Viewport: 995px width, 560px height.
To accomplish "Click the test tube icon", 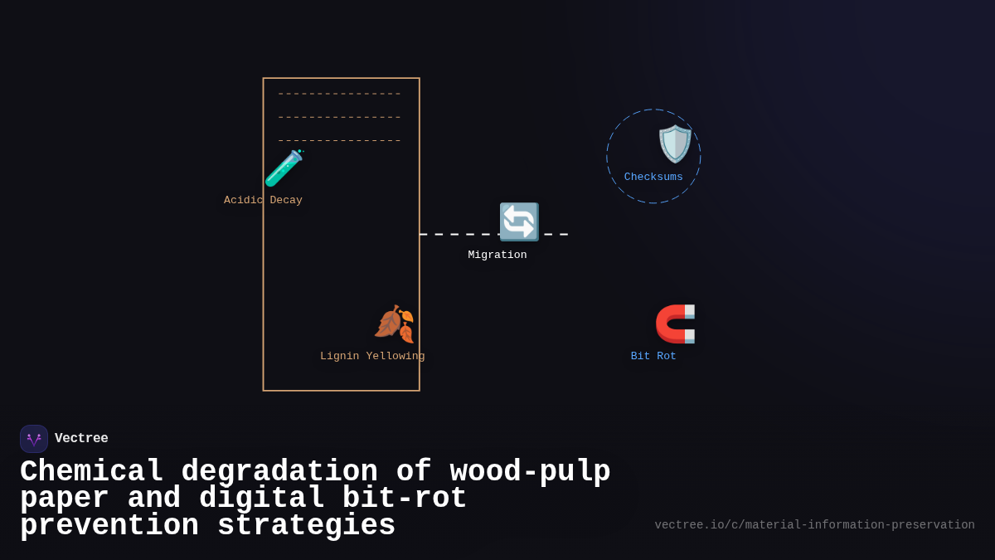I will [x=284, y=168].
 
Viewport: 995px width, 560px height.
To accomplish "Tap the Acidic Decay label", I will [x=263, y=200].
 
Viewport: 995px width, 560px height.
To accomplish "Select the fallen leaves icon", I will [x=394, y=324].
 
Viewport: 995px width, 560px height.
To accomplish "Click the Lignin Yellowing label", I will [x=372, y=356].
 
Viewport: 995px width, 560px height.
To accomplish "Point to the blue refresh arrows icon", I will [x=519, y=222].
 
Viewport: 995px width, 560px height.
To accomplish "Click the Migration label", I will [x=498, y=255].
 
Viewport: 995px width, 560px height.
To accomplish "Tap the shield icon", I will [x=675, y=144].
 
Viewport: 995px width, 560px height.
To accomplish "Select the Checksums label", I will [x=653, y=177].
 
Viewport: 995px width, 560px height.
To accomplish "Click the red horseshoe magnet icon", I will [x=675, y=324].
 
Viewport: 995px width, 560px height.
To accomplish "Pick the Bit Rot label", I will [x=653, y=356].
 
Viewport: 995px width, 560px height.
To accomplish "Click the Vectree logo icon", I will [x=34, y=439].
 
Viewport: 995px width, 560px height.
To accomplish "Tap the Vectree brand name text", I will [x=81, y=439].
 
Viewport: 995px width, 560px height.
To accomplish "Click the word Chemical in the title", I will [x=91, y=472].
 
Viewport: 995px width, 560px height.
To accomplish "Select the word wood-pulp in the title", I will [x=530, y=472].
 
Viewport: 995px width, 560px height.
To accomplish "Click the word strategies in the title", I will [x=307, y=526].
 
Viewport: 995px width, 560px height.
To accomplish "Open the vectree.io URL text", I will [x=814, y=525].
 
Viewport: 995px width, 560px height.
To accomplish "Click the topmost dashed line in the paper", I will [x=339, y=94].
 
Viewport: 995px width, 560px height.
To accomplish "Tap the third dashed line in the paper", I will [x=339, y=141].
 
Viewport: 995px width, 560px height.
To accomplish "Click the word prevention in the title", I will [x=109, y=526].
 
